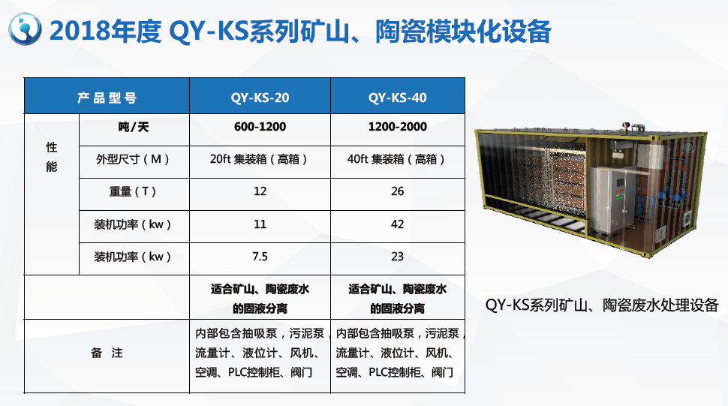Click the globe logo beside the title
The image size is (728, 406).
(25, 29)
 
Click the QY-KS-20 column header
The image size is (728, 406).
(260, 98)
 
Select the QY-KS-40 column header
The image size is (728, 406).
(398, 98)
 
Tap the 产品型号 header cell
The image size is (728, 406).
(107, 98)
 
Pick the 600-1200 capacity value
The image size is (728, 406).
(260, 127)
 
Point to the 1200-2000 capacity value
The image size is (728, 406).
(398, 127)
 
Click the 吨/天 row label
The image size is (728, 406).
(134, 127)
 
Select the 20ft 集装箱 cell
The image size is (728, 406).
(259, 159)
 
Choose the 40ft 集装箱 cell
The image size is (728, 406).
(396, 159)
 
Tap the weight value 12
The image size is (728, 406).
(260, 191)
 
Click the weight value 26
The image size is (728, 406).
(398, 191)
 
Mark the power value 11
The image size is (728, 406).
(260, 224)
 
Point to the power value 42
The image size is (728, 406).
(398, 224)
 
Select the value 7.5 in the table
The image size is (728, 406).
(260, 257)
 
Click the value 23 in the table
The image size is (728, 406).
(398, 257)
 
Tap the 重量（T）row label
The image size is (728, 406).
(133, 191)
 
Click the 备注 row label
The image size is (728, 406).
(107, 353)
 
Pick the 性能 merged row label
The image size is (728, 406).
(52, 157)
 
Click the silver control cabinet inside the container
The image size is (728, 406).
(616, 200)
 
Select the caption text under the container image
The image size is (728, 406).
(602, 305)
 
